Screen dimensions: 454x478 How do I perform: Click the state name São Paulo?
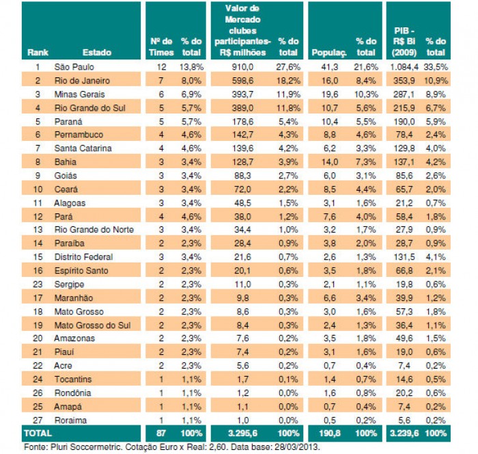click(x=74, y=68)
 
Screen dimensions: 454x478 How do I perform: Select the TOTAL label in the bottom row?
click(x=38, y=433)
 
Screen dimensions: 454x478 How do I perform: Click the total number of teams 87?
click(x=161, y=433)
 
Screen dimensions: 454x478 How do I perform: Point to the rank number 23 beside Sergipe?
click(x=38, y=283)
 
